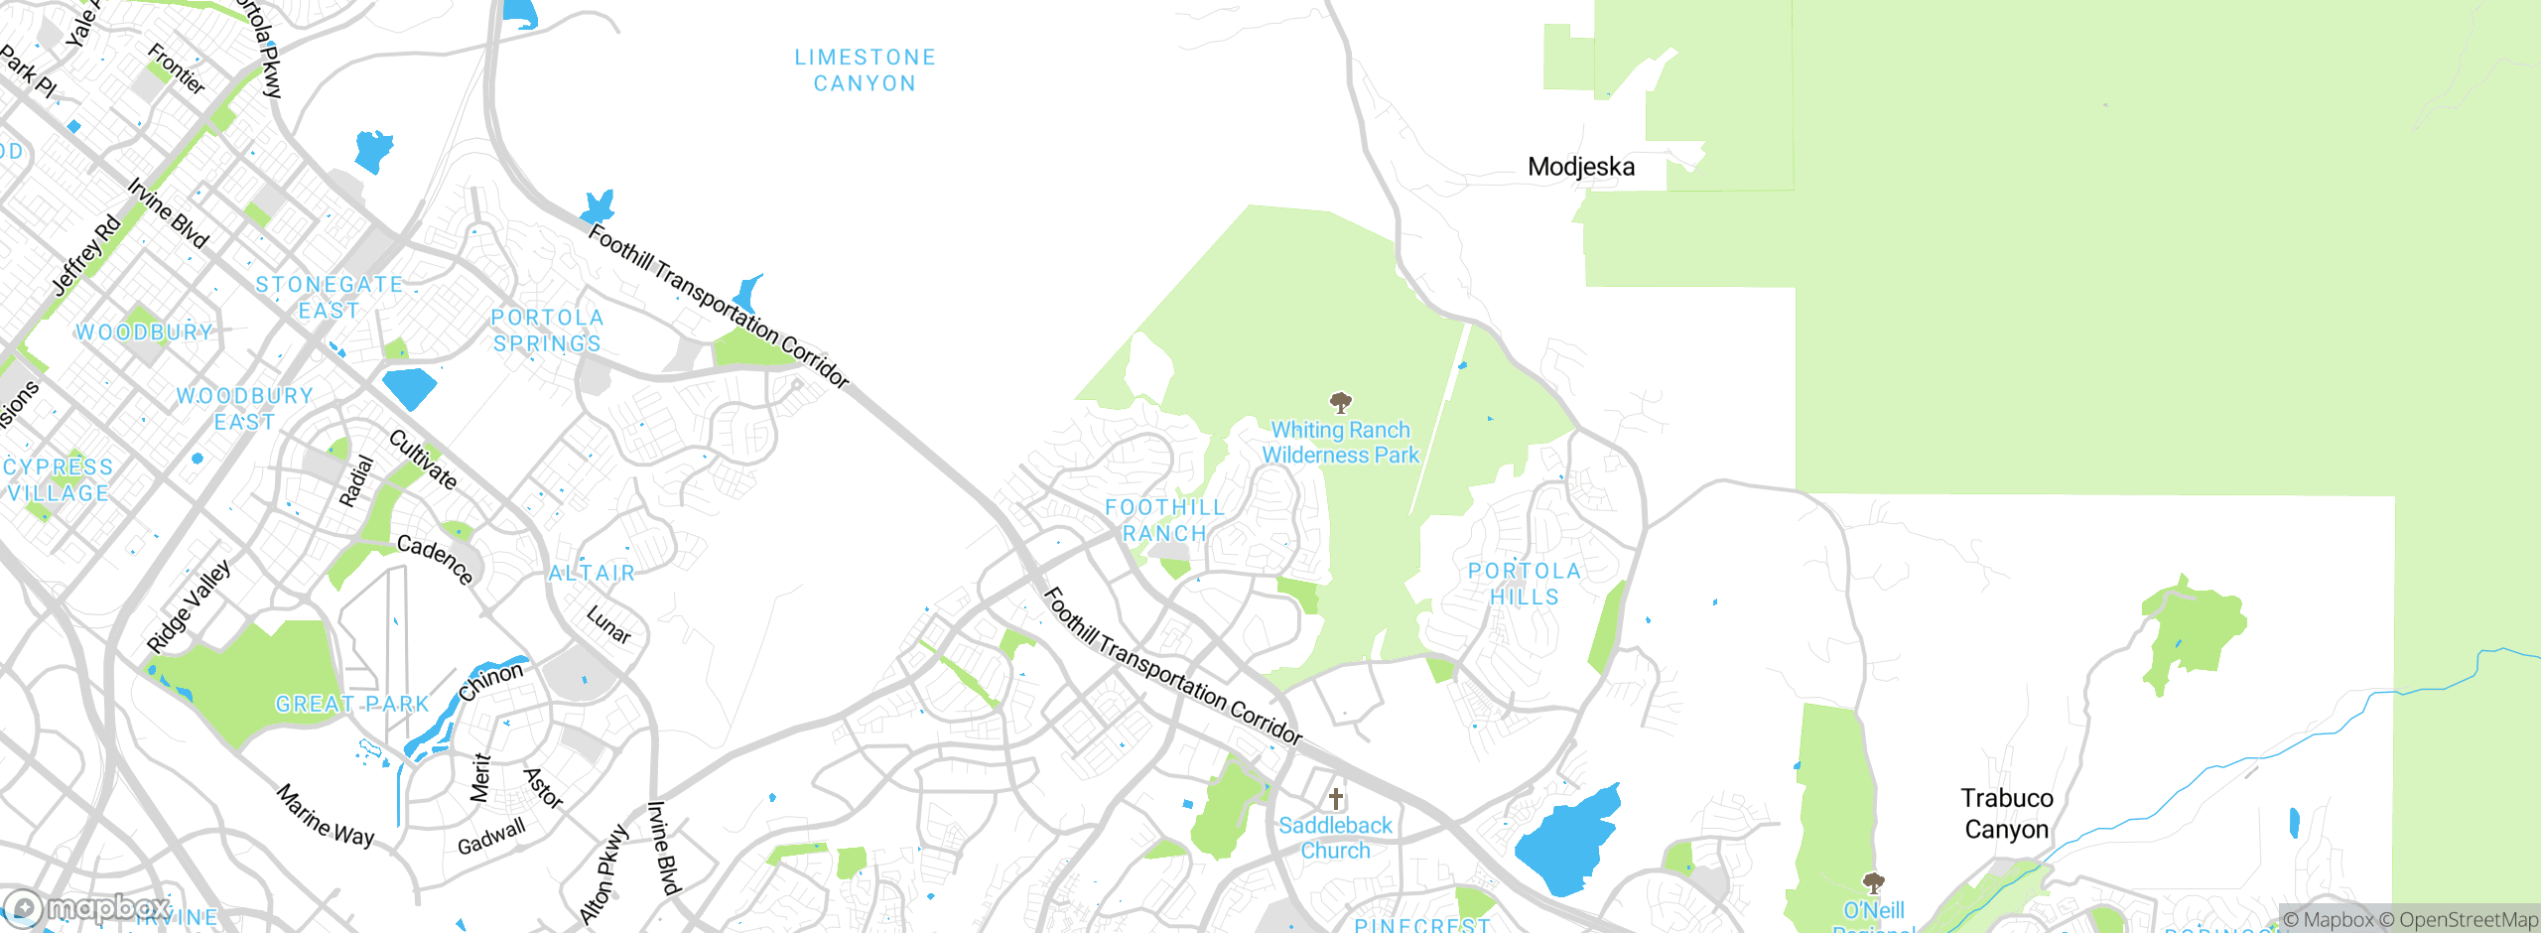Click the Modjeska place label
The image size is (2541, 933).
tap(1580, 167)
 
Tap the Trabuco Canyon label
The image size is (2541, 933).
tap(2006, 813)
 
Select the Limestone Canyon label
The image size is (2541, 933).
tap(865, 70)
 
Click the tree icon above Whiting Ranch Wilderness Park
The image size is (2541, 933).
tap(1340, 402)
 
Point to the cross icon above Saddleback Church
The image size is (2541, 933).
tap(1336, 798)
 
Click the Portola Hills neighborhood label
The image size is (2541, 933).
tap(1524, 584)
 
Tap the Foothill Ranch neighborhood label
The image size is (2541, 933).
tap(1164, 520)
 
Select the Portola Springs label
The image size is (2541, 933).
tap(547, 331)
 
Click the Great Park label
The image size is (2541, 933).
tap(351, 704)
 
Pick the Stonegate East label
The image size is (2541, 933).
tap(329, 298)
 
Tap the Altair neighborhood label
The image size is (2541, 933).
tap(592, 573)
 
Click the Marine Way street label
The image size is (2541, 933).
tap(326, 816)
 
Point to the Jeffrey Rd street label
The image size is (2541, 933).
tap(86, 255)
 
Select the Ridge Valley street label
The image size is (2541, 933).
tap(189, 606)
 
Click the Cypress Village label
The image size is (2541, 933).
tap(58, 479)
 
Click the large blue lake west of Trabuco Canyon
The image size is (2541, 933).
tap(1568, 839)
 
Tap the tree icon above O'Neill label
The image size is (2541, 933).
tap(1873, 882)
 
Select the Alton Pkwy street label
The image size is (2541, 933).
tap(603, 874)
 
